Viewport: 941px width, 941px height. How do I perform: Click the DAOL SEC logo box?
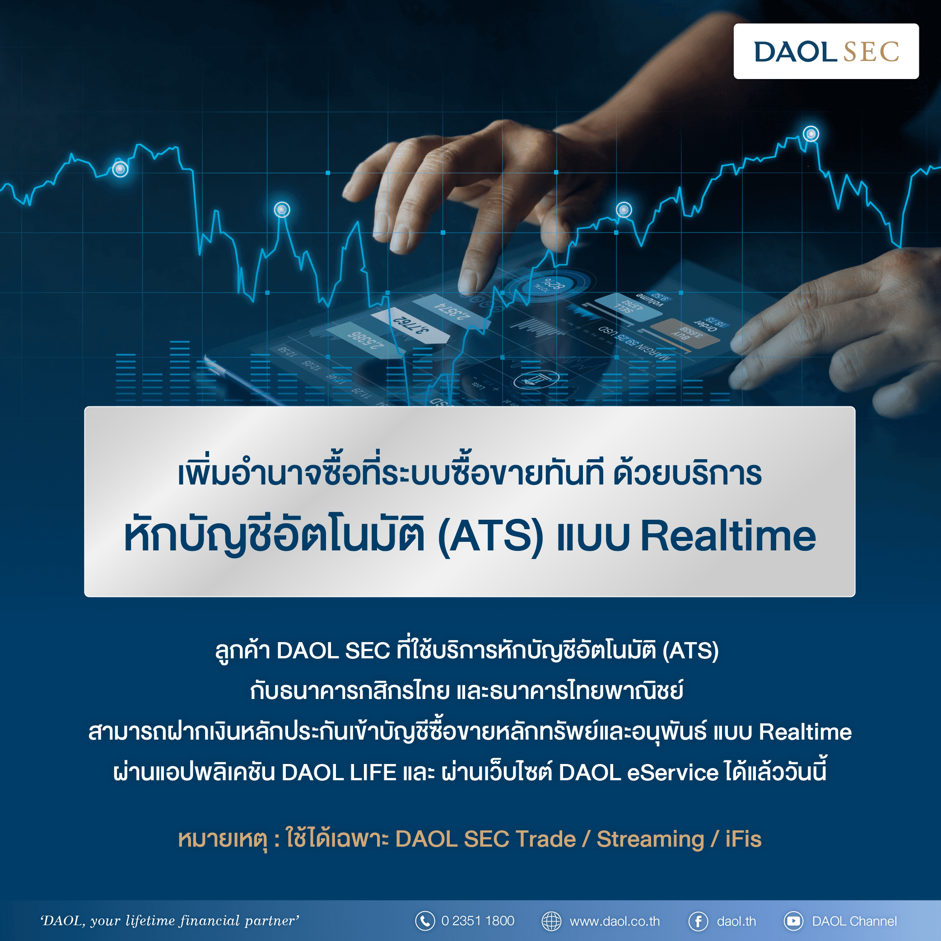click(826, 51)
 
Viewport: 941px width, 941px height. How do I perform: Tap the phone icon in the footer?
click(425, 921)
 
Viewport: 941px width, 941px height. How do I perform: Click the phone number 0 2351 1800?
click(477, 921)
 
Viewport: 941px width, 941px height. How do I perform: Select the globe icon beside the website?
click(551, 921)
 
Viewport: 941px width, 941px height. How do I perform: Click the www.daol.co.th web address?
click(615, 922)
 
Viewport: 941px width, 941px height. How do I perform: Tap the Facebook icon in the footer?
click(698, 921)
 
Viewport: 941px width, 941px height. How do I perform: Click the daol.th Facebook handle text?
click(736, 922)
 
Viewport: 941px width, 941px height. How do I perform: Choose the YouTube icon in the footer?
click(793, 921)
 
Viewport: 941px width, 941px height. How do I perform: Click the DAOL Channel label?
click(854, 922)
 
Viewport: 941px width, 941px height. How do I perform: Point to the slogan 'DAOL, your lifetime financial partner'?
click(169, 921)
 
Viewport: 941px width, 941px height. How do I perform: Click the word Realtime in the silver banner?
click(728, 536)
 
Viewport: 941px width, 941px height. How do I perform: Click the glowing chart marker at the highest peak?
click(811, 134)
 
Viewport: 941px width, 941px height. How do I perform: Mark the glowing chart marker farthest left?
click(120, 169)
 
